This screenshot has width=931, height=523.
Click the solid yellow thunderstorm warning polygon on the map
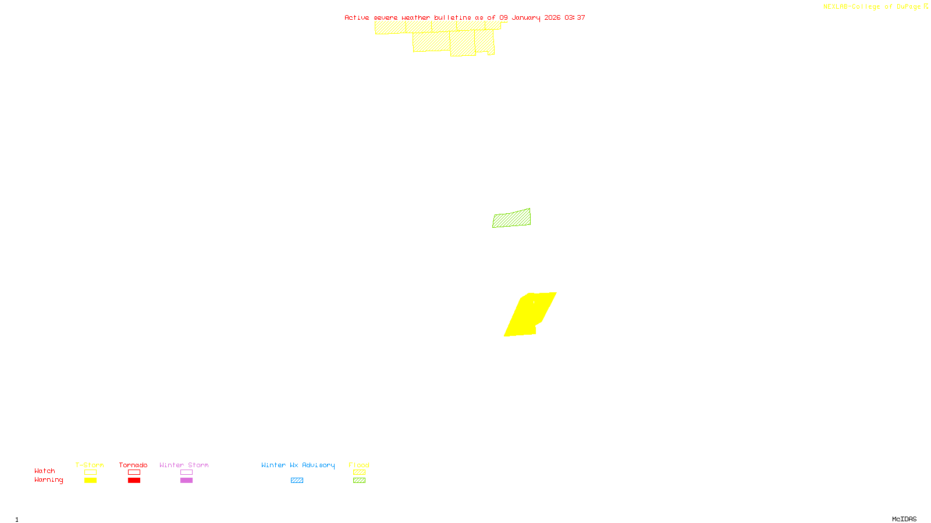(x=527, y=315)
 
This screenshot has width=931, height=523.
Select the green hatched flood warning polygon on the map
(x=511, y=218)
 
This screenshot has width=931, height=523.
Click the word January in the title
(x=526, y=17)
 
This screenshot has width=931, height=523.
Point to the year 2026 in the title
(x=552, y=17)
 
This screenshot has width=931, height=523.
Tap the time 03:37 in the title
(x=575, y=17)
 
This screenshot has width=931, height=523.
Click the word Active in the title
(x=357, y=17)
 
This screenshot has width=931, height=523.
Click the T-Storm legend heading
(x=90, y=465)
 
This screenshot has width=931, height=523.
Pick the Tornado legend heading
(x=133, y=465)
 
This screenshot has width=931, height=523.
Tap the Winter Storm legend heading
(x=184, y=465)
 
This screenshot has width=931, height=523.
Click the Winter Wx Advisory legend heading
(x=298, y=465)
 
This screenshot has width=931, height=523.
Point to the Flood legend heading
(x=359, y=465)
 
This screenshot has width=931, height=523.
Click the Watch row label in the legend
(x=45, y=471)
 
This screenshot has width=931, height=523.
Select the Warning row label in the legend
(x=49, y=480)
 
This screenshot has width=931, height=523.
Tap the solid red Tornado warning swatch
(x=134, y=481)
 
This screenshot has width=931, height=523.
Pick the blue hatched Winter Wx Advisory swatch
(x=297, y=481)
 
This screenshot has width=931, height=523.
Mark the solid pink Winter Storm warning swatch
(x=186, y=481)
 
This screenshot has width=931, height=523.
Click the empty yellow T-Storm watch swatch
(x=90, y=472)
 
